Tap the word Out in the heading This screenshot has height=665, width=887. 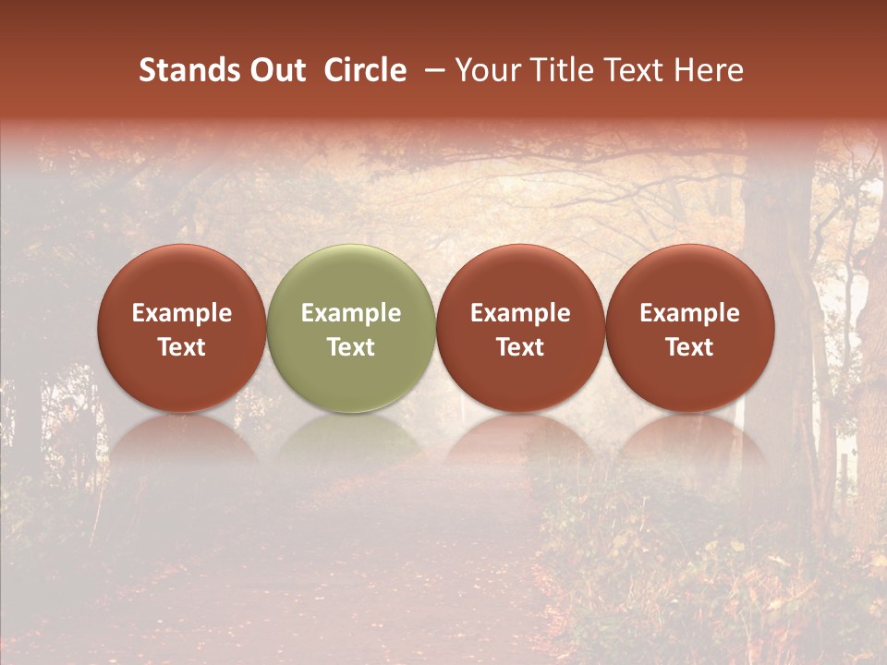pos(275,70)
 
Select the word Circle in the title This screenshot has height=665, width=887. pos(365,70)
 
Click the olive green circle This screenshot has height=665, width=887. pos(351,277)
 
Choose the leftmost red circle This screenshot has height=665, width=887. pos(181,277)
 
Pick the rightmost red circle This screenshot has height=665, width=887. pos(690,277)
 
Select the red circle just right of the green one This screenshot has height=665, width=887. pos(520,277)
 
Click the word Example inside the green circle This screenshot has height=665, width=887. pos(351,313)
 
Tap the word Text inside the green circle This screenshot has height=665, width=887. pos(351,347)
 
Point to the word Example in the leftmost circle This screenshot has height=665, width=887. pos(181,313)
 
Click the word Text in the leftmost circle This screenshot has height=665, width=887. pos(181,347)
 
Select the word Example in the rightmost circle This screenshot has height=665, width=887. pos(690,313)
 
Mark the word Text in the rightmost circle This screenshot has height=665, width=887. pos(690,347)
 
